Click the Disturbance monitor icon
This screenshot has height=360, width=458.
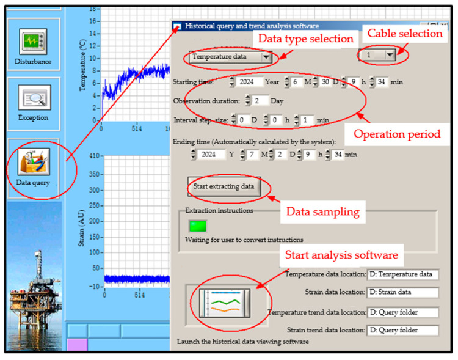tap(33, 42)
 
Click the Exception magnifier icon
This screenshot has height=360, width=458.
tap(34, 97)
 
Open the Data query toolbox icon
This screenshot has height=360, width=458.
tap(34, 162)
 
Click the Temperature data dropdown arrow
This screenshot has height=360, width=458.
tap(266, 57)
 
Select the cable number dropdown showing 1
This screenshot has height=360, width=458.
tap(377, 54)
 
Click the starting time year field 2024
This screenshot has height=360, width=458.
tap(247, 82)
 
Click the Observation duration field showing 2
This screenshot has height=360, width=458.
tap(260, 101)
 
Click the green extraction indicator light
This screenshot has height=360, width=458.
tap(198, 226)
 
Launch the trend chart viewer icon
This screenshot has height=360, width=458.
tap(225, 303)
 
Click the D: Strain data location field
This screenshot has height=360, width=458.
tap(403, 292)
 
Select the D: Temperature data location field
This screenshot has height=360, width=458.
tap(403, 274)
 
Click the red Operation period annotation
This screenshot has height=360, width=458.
tap(397, 134)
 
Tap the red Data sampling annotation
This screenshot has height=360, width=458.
tap(323, 211)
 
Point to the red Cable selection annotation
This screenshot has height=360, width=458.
tap(405, 34)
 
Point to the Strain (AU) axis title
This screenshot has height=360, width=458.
tap(81, 228)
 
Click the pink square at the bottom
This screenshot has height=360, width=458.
tap(77, 345)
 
